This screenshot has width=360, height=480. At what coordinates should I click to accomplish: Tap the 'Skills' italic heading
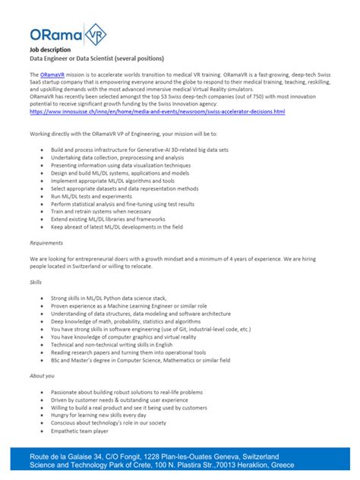point(36,282)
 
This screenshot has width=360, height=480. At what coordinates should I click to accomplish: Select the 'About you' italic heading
point(42,375)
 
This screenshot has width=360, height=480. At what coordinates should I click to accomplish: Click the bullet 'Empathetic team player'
point(80,431)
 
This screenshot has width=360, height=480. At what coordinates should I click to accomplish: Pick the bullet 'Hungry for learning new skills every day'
point(104,415)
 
